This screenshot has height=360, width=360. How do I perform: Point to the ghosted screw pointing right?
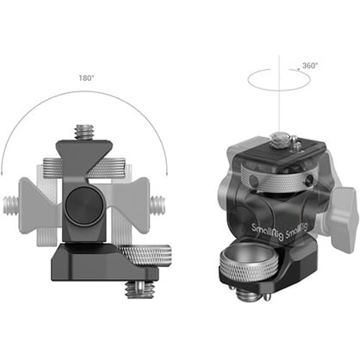point(160,205)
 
